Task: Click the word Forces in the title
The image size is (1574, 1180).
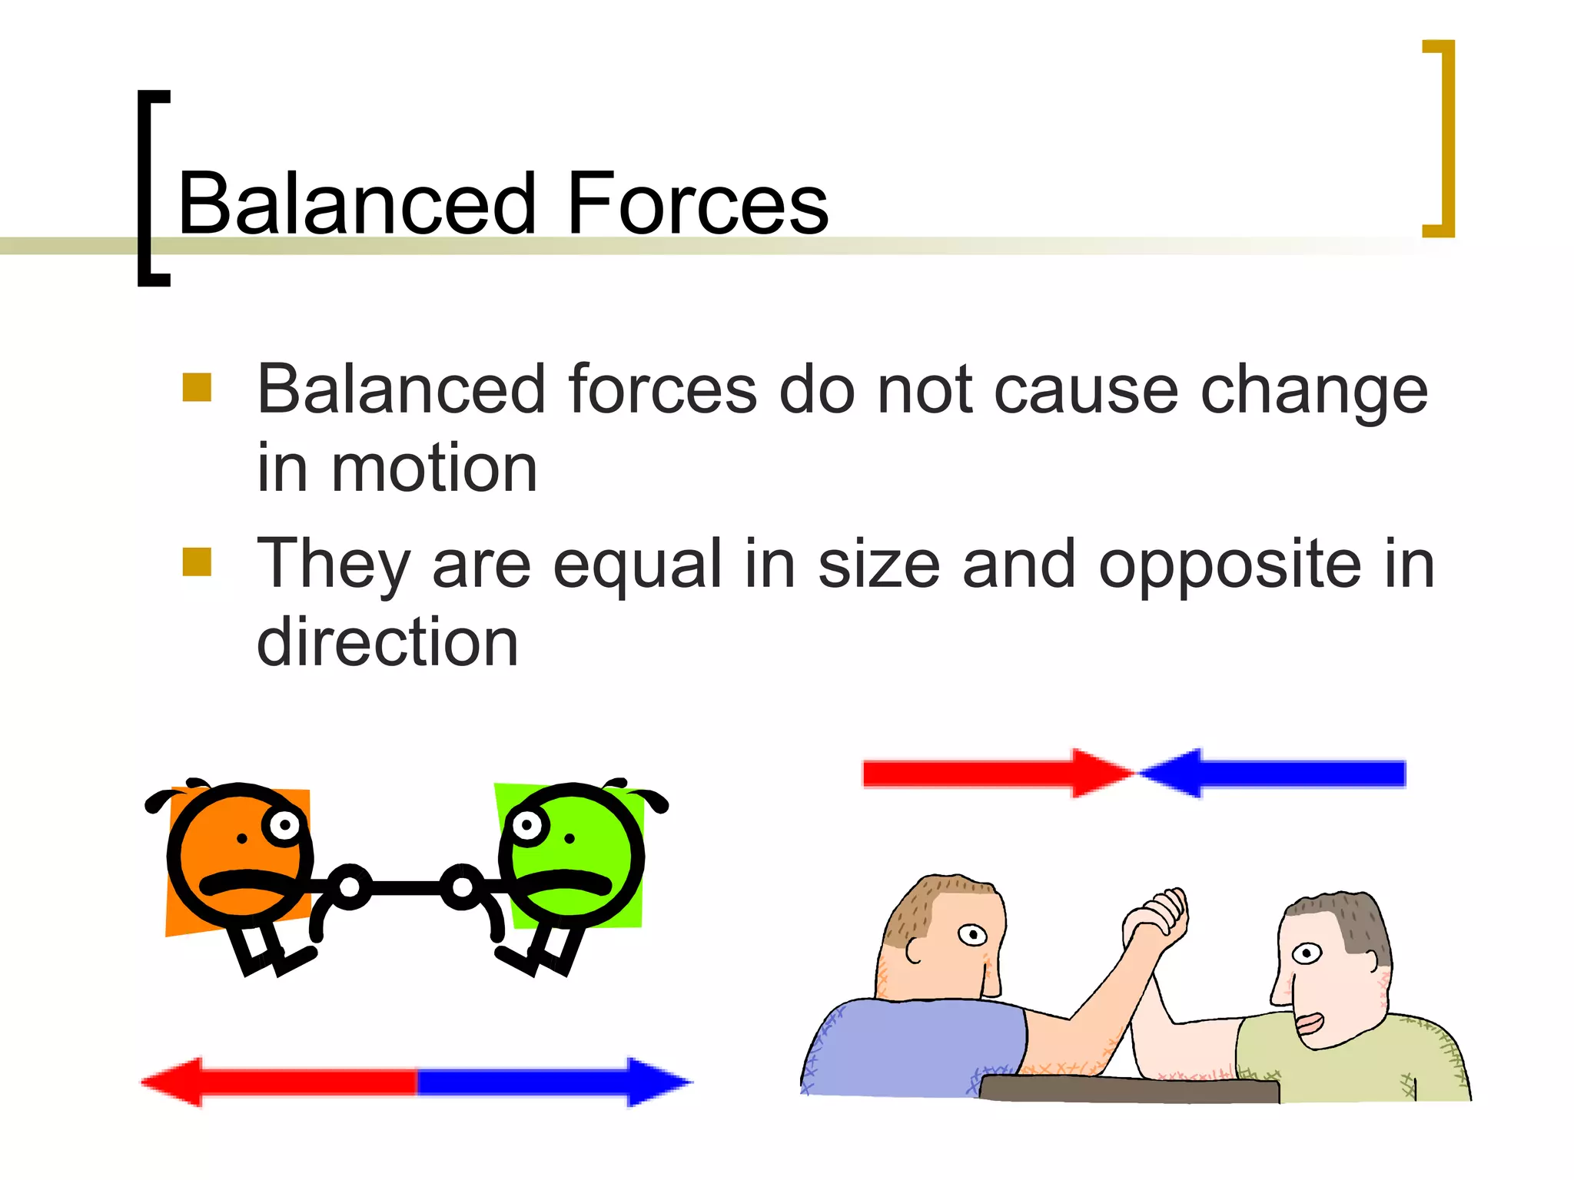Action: pos(697,204)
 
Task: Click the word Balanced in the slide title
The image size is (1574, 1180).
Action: pos(356,204)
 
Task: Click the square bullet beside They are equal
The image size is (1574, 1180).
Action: pos(197,562)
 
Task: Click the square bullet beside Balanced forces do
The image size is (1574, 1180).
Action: pos(197,388)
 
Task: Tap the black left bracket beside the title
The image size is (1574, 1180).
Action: pos(146,188)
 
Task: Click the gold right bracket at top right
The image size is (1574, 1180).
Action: pos(1445,138)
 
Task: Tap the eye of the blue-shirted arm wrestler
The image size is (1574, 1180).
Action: pos(973,935)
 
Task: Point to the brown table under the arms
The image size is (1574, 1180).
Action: pos(1130,1089)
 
